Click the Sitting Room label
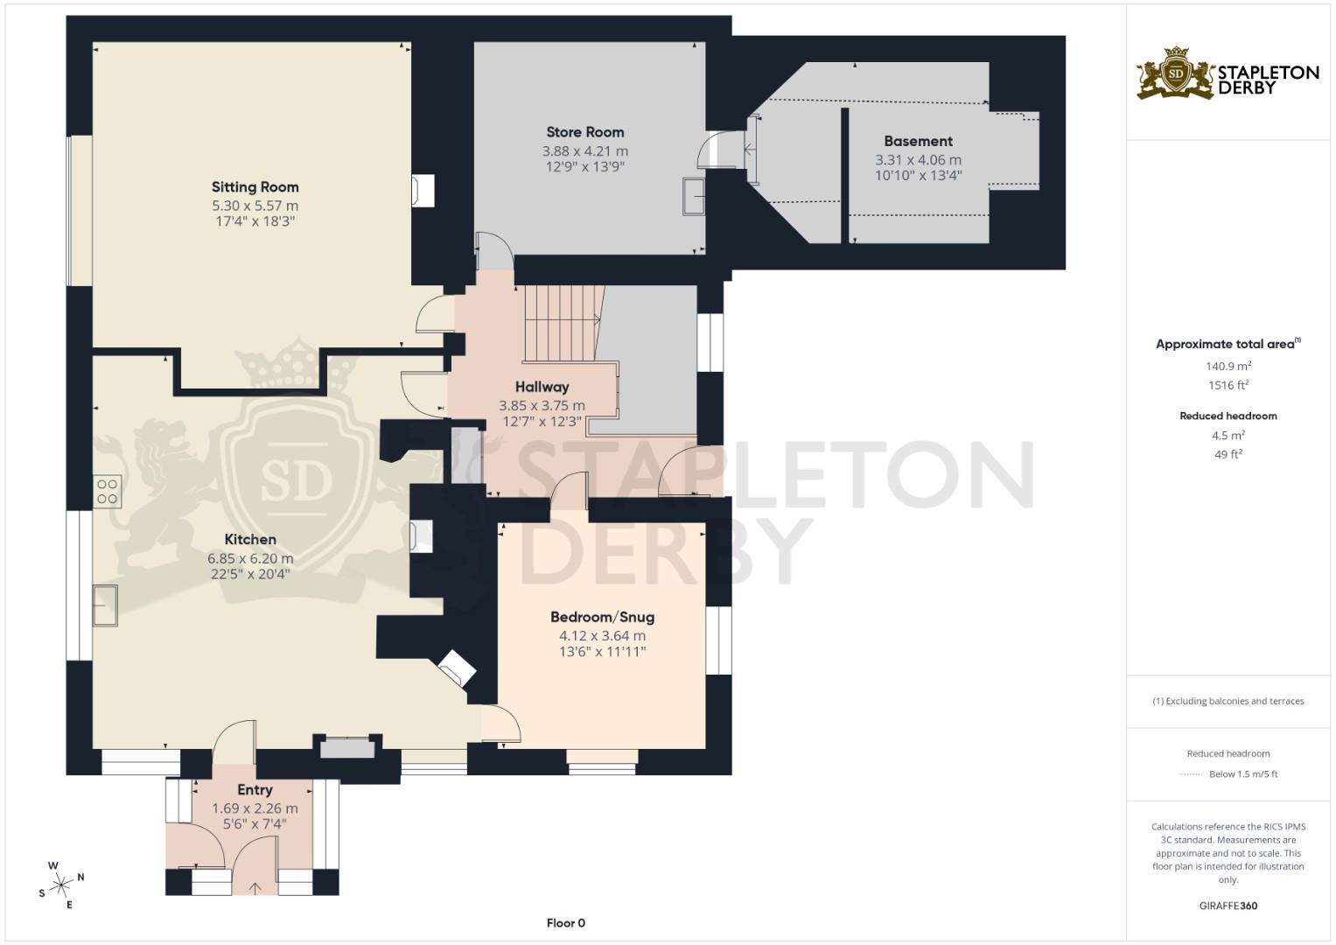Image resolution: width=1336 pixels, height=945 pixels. [x=255, y=187]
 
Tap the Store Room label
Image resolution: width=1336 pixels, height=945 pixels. [x=584, y=132]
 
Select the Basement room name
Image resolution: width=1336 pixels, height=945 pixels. [x=918, y=141]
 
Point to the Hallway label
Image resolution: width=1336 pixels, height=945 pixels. [x=542, y=387]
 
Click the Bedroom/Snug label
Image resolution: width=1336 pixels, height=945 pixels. [x=602, y=617]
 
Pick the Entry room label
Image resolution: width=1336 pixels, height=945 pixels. [x=255, y=790]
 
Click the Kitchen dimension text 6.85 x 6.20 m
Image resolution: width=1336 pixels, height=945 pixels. [x=250, y=558]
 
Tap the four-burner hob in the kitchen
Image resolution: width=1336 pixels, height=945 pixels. [x=108, y=492]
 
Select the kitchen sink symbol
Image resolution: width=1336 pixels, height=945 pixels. [x=105, y=605]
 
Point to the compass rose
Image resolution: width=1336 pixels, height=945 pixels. [x=61, y=885]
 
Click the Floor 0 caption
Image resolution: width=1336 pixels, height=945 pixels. [x=565, y=923]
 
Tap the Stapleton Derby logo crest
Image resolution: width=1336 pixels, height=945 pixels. [x=1175, y=73]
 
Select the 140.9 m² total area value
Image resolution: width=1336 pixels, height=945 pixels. [x=1228, y=367]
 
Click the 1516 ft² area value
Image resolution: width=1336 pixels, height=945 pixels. [x=1228, y=385]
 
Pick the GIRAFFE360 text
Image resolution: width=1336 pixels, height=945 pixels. [x=1228, y=906]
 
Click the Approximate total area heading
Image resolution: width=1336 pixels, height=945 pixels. [x=1225, y=345]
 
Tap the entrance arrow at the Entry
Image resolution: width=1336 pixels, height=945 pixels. [x=255, y=887]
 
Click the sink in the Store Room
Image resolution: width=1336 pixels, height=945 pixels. [x=694, y=197]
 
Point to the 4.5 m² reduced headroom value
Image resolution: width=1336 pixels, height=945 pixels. [x=1228, y=436]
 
